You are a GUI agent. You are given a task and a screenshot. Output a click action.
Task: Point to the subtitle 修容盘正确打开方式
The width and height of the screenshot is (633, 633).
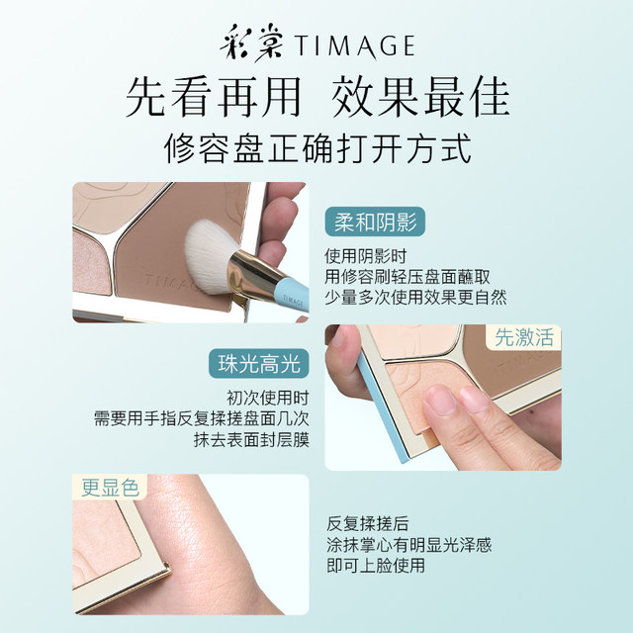(316, 148)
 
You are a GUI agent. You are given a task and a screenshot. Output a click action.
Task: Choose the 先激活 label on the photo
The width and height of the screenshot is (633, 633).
(523, 338)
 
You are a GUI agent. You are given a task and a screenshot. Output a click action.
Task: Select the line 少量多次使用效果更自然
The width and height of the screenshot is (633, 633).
(415, 296)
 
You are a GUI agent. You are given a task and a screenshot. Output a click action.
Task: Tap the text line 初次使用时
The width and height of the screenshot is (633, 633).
(265, 398)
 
